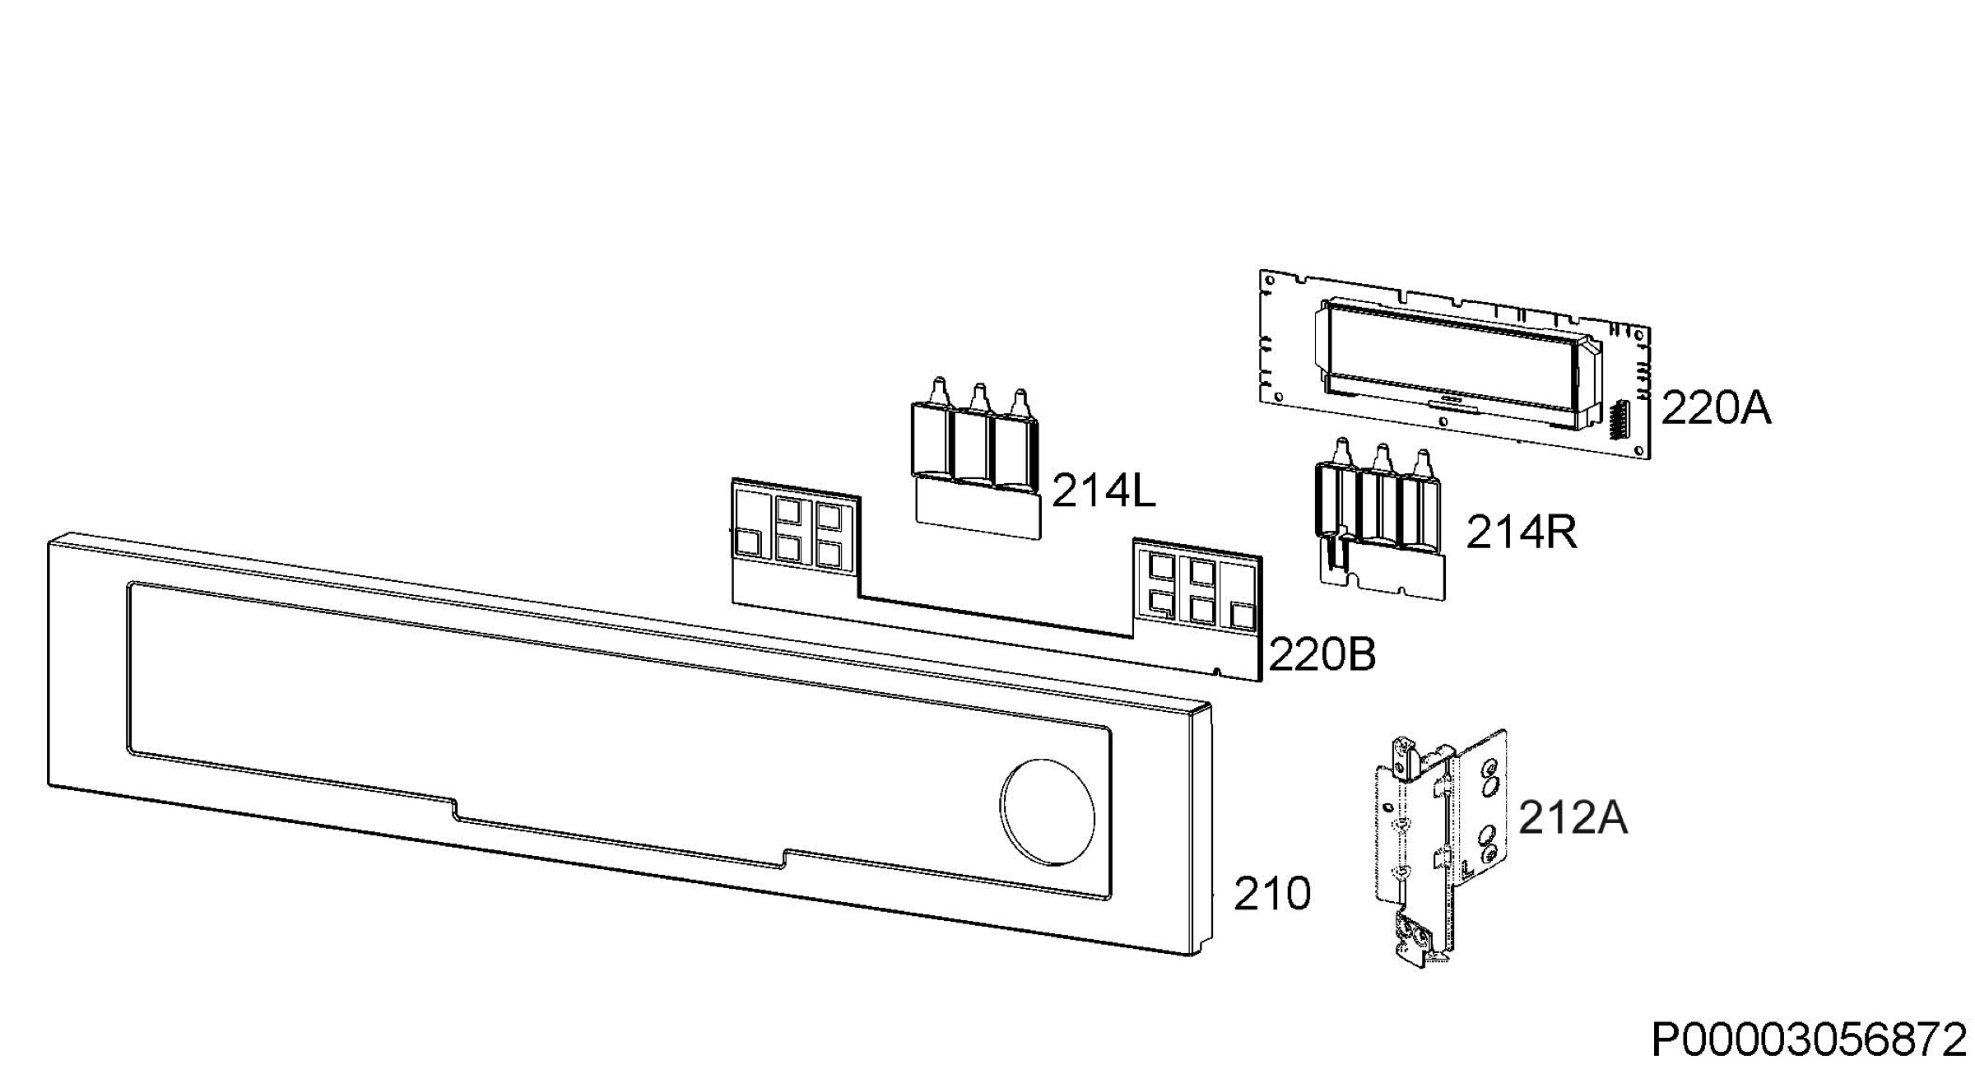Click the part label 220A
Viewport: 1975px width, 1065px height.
[x=1716, y=408]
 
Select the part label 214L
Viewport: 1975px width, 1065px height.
[x=1104, y=491]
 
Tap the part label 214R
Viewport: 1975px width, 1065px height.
[x=1522, y=532]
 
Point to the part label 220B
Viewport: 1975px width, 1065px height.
[x=1322, y=655]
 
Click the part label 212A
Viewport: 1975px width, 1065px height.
[x=1573, y=818]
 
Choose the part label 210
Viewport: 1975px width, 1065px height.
[x=1272, y=893]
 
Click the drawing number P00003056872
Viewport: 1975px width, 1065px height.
[x=1809, y=1040]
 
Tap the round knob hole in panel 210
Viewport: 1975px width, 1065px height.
[x=1048, y=813]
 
